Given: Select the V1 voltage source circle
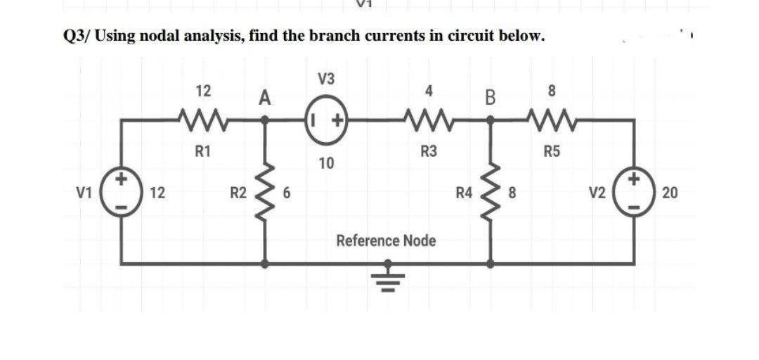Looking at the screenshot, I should click(x=121, y=191).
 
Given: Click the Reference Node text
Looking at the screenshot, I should click(x=386, y=241).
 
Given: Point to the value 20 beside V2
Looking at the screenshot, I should click(x=669, y=193).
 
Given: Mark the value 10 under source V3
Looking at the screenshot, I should click(x=325, y=164).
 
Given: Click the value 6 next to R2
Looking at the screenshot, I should click(x=287, y=193).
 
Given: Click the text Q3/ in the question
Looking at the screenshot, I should click(x=72, y=37).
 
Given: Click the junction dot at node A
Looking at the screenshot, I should click(x=265, y=120).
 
